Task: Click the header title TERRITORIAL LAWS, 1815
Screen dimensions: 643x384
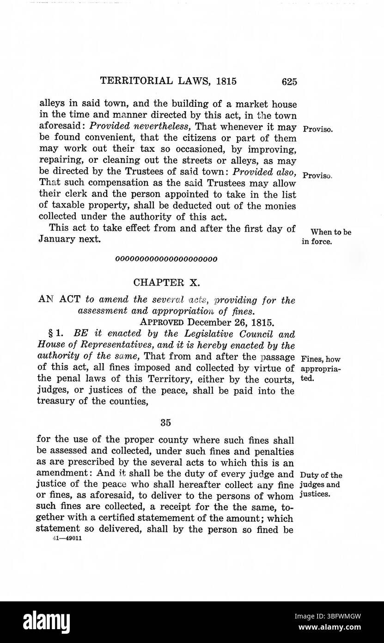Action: point(168,81)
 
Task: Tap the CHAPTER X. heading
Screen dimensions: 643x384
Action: point(166,282)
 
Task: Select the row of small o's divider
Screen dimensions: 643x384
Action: point(166,259)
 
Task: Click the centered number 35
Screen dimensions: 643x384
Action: point(166,421)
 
